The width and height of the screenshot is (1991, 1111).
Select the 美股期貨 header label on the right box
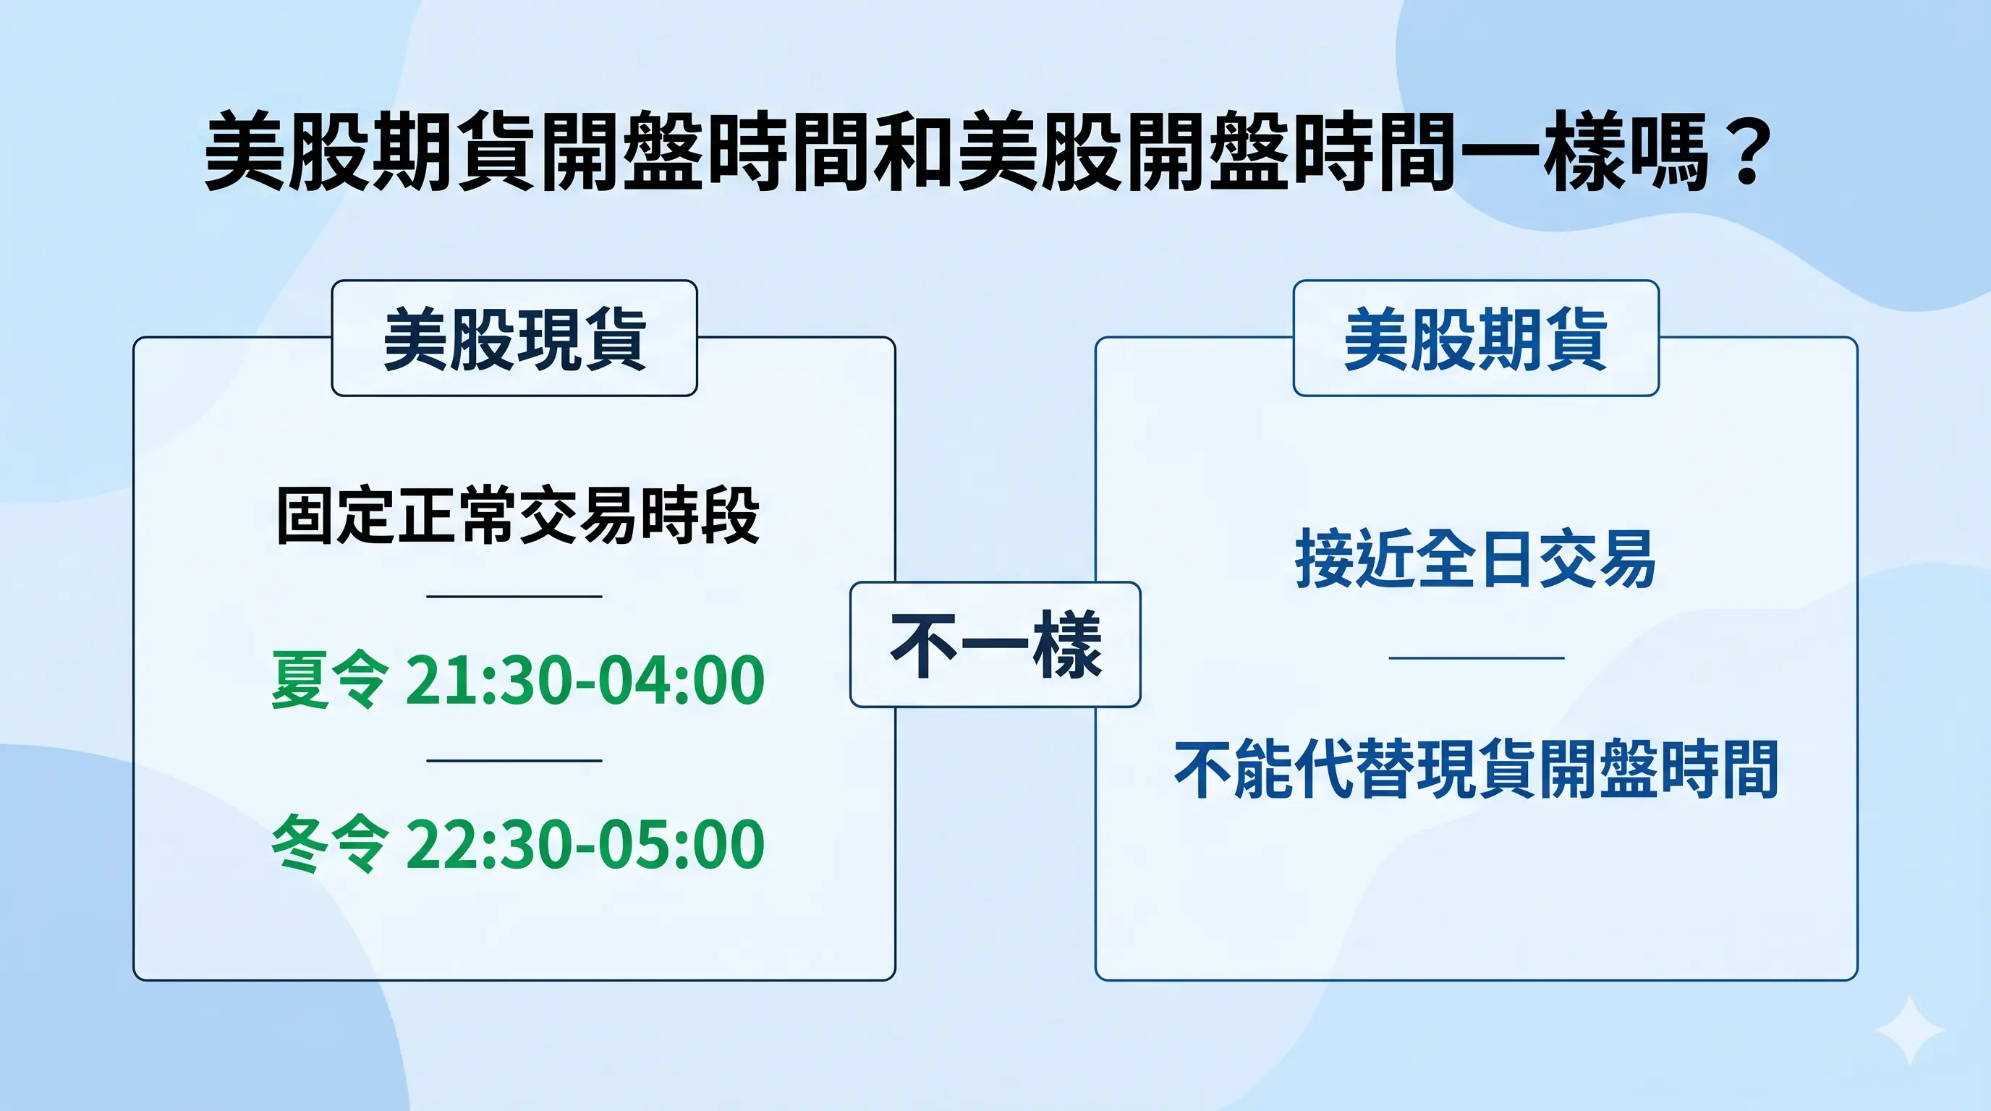pos(1475,339)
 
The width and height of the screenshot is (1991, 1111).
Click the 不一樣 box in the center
pos(995,644)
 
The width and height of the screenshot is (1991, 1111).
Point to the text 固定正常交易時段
pos(517,515)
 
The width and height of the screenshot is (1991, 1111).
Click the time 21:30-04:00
pos(585,680)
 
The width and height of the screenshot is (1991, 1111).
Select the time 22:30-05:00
pos(585,843)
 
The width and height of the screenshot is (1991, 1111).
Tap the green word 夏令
pos(329,680)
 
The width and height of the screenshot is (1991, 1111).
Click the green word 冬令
pos(329,843)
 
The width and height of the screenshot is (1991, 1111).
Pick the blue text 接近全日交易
pos(1475,559)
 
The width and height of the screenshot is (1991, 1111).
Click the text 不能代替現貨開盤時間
pos(1475,770)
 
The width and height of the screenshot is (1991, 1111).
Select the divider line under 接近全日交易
pos(1475,657)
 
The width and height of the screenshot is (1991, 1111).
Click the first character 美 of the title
pos(246,150)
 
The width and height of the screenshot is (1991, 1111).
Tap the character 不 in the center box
pos(925,644)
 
